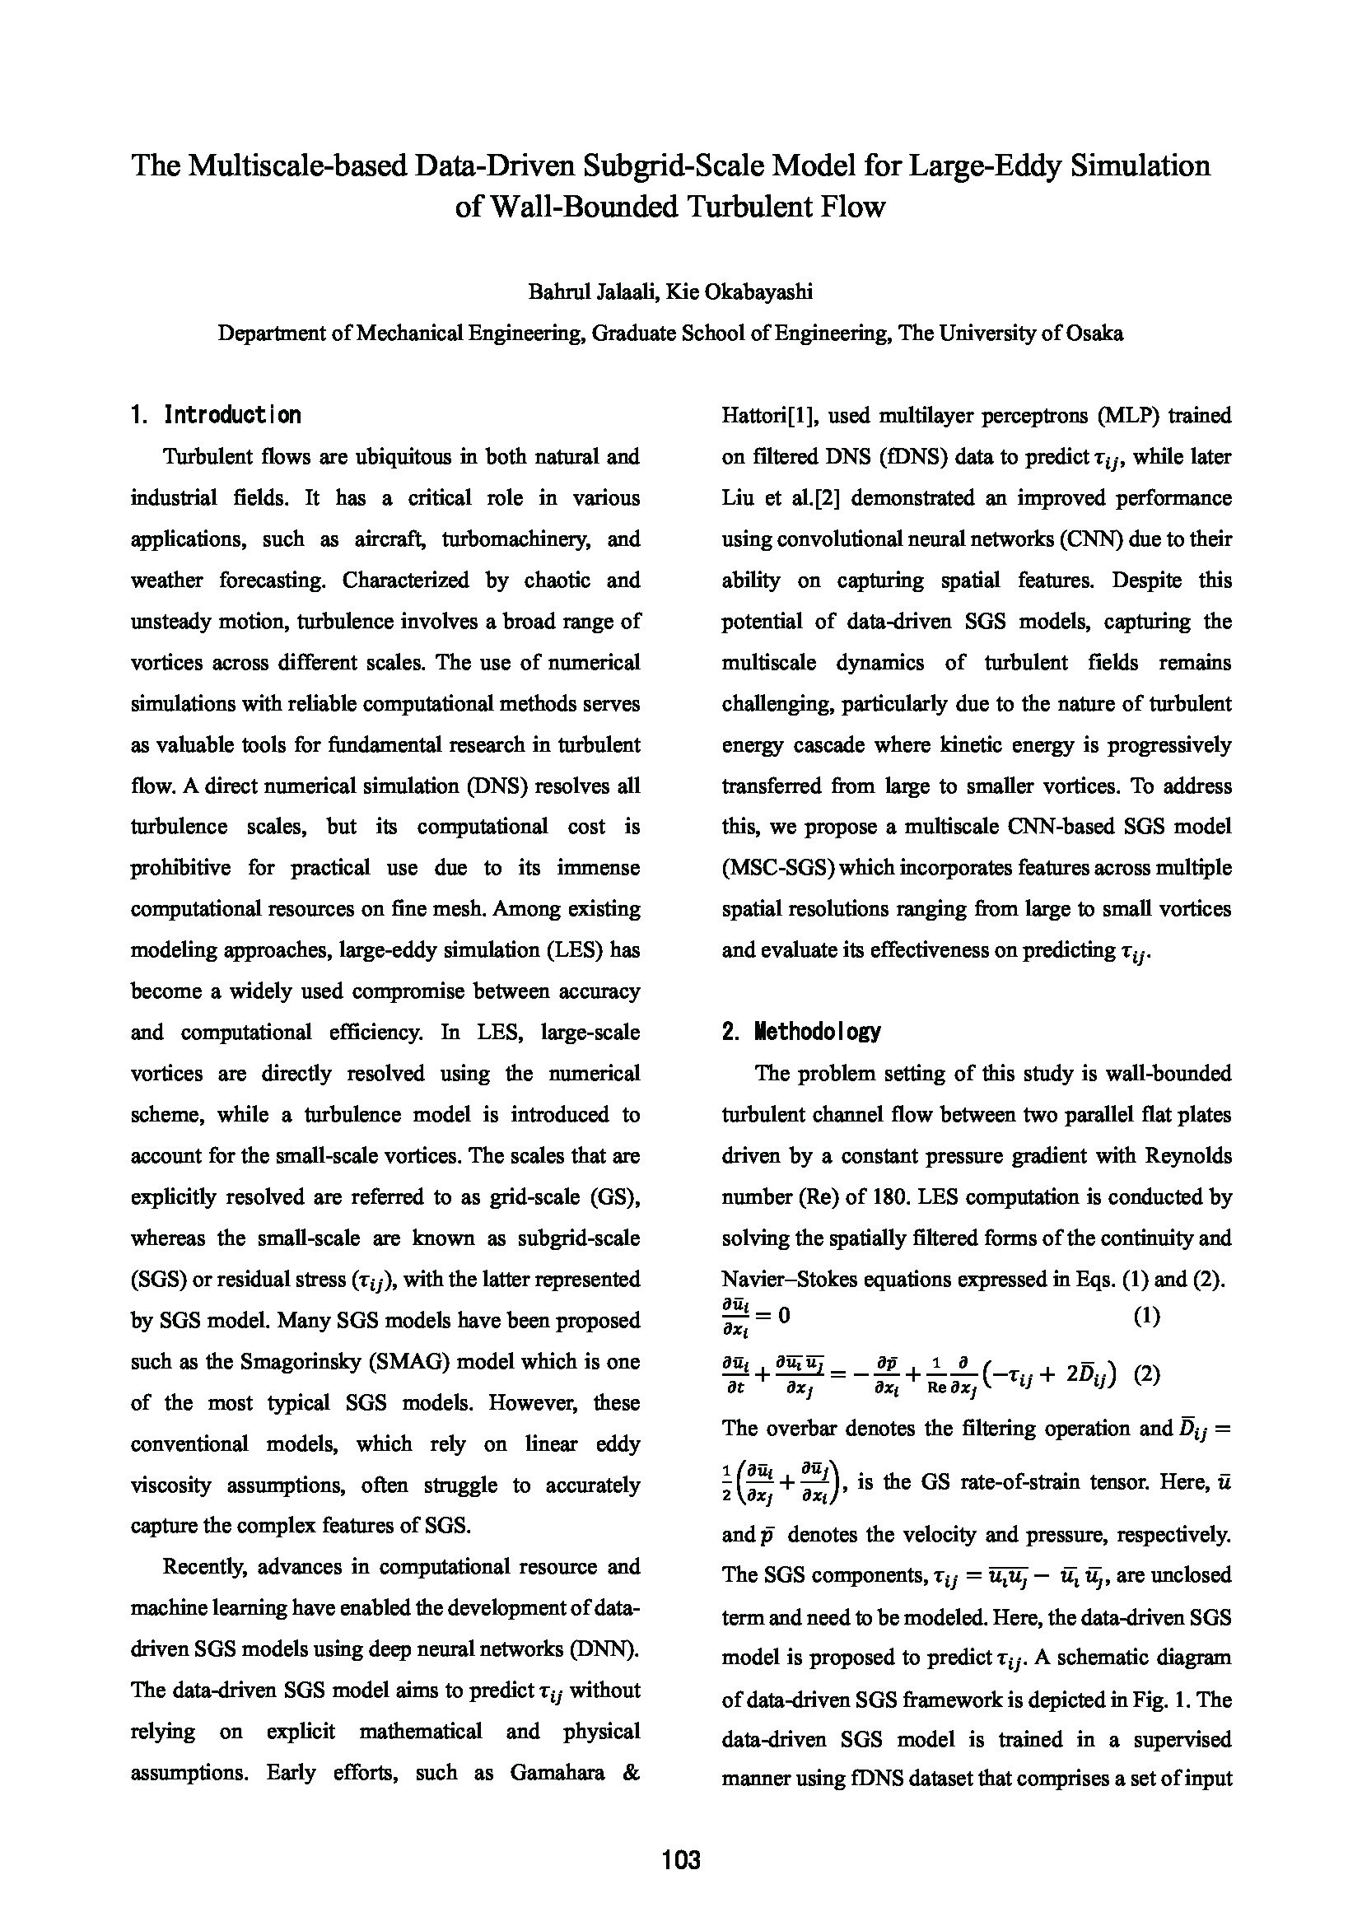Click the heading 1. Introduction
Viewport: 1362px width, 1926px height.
click(x=216, y=415)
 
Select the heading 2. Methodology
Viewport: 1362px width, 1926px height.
click(x=801, y=1031)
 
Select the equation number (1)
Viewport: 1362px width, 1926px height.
click(x=1146, y=1316)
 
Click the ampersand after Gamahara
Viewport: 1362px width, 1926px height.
click(x=632, y=1774)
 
